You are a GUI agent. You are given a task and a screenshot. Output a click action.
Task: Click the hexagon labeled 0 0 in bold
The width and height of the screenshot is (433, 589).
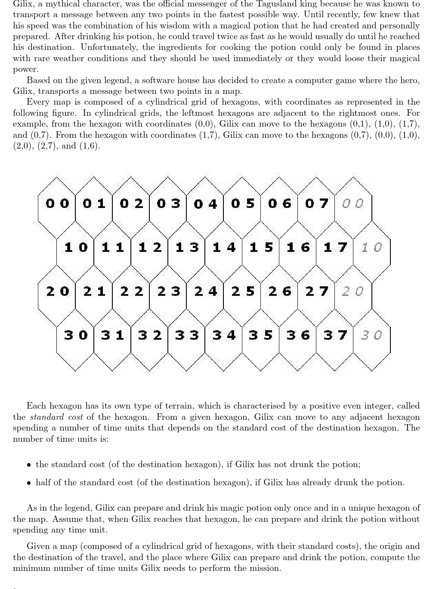(x=57, y=203)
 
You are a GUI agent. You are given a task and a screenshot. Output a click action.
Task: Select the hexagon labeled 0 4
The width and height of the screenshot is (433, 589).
(x=205, y=203)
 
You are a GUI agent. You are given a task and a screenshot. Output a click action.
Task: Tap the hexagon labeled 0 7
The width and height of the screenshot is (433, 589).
(x=316, y=203)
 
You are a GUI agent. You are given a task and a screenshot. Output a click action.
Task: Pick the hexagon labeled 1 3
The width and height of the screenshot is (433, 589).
(x=187, y=248)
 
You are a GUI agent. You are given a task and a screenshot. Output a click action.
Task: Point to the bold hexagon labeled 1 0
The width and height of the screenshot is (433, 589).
(x=75, y=248)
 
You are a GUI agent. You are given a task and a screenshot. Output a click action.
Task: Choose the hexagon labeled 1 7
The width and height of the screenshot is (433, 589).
(x=335, y=248)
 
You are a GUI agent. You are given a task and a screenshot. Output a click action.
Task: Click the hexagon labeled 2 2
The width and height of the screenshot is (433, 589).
(x=131, y=291)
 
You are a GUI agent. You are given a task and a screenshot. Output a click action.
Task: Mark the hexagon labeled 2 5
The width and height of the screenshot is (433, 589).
(x=243, y=291)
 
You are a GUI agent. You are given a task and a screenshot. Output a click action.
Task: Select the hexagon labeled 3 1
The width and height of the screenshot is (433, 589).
(x=112, y=335)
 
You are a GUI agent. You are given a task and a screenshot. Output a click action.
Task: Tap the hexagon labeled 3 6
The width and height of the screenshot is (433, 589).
(x=298, y=335)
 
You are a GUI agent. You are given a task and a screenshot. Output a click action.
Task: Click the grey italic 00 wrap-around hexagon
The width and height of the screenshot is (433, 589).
(x=353, y=203)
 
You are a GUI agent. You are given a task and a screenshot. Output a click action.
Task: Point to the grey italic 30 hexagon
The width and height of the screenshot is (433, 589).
(x=371, y=335)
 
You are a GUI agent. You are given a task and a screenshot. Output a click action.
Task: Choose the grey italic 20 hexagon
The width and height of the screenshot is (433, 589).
(x=353, y=291)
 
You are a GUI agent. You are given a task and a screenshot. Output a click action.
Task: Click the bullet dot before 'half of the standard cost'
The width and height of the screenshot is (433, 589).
(x=28, y=483)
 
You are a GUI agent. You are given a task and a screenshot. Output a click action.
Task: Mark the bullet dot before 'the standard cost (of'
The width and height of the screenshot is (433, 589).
(x=28, y=465)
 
